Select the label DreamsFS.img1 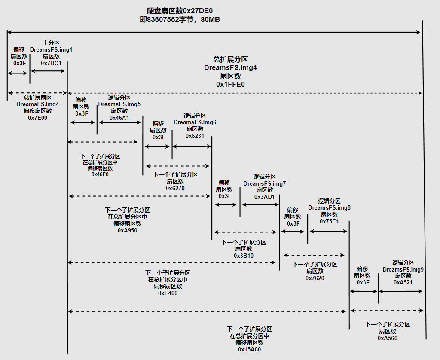click(51, 49)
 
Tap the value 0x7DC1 click(51, 63)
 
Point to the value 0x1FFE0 click(230, 84)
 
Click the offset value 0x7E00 click(38, 117)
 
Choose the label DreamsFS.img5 click(119, 104)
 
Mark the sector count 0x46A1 click(119, 118)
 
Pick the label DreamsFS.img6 click(195, 122)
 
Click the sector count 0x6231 click(195, 136)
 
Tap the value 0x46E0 click(100, 174)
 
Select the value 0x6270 click(175, 188)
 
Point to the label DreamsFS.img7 click(264, 183)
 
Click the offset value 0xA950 click(128, 230)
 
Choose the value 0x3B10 click(244, 256)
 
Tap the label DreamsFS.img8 click(329, 207)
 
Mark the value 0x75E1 click(329, 221)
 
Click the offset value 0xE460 click(168, 293)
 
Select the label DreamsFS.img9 click(403, 269)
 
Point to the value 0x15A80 click(250, 349)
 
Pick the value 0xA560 click(388, 338)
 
